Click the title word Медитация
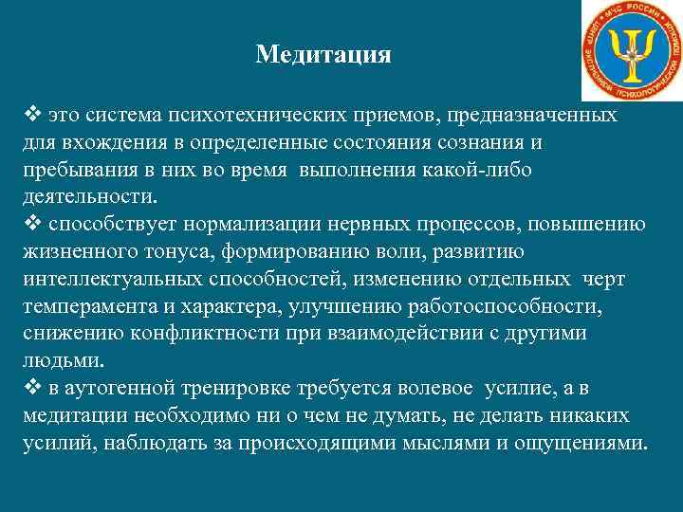pyautogui.click(x=323, y=55)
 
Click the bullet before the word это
pyautogui.click(x=29, y=117)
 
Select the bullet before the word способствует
pyautogui.click(x=29, y=225)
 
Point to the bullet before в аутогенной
pyautogui.click(x=29, y=389)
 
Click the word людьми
pyautogui.click(x=56, y=361)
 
